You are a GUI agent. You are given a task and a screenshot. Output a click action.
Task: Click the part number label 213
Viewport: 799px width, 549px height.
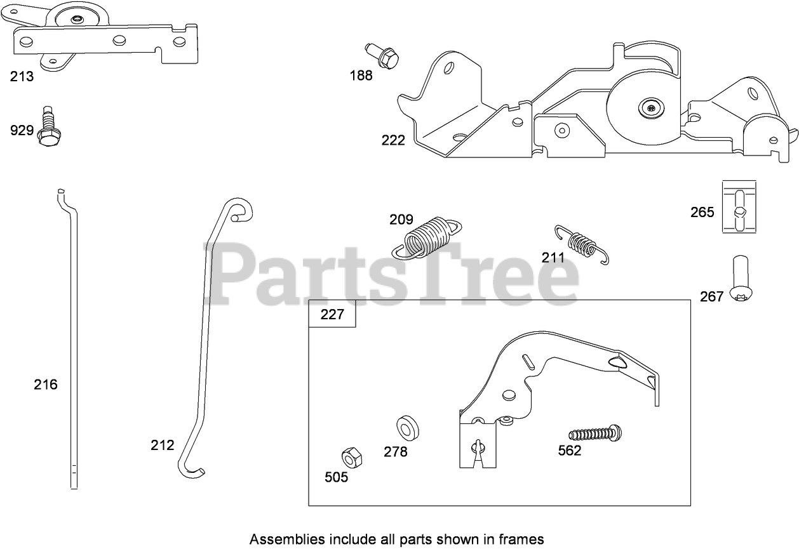22,76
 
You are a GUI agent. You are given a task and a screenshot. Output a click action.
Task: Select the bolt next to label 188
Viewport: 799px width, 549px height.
383,55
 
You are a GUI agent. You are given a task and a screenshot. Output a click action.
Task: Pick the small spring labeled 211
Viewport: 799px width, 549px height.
581,243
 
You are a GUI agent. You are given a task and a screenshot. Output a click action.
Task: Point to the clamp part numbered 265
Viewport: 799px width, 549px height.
739,207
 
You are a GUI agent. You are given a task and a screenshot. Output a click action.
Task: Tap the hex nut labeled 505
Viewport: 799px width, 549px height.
351,456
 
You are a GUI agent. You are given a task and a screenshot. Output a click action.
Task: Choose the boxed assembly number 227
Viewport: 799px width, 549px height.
332,314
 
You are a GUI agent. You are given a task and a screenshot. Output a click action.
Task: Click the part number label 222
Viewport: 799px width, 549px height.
393,140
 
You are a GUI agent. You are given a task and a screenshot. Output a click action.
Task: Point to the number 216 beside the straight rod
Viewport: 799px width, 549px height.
46,384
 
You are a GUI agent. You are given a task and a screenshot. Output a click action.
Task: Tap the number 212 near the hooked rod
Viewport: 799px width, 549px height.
162,445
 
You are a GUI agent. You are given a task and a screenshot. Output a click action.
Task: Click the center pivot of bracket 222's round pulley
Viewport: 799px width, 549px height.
653,109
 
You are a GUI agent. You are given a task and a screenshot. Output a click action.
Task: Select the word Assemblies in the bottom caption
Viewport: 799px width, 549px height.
278,539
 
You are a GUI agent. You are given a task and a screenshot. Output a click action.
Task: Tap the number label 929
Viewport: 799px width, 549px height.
22,131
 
